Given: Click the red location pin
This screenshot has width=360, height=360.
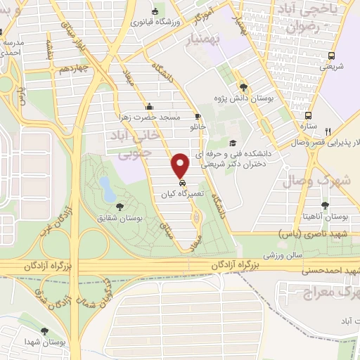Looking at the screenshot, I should click(x=181, y=165).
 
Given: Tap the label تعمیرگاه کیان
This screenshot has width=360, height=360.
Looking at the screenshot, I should click(x=180, y=193).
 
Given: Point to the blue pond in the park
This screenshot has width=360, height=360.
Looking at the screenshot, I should click(x=105, y=187).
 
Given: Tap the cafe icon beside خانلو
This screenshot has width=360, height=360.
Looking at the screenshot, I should click(x=198, y=117).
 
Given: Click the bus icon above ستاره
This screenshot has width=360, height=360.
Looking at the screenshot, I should click(x=308, y=116).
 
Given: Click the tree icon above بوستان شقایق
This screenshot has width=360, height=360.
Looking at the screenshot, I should click(x=120, y=207).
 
